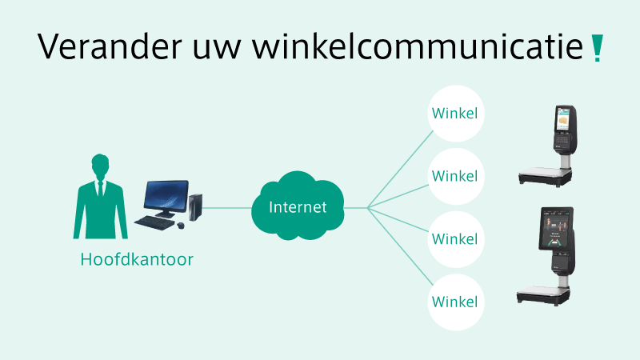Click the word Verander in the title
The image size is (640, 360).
(x=110, y=46)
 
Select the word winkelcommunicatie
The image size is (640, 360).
(x=418, y=46)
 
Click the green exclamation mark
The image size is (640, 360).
(x=597, y=48)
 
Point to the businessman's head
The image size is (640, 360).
(x=100, y=165)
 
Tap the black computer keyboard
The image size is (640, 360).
(x=154, y=222)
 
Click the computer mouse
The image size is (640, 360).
(x=181, y=226)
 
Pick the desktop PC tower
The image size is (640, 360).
(x=195, y=207)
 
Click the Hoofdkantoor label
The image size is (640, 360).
(x=137, y=259)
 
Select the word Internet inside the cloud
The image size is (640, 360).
(x=298, y=207)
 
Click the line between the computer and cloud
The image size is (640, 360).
(x=226, y=208)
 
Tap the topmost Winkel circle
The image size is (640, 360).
(x=455, y=114)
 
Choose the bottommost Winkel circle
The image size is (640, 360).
(x=455, y=302)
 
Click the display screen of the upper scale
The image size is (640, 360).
(x=563, y=119)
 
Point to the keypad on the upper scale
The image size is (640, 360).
(x=562, y=139)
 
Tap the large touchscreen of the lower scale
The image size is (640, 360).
(x=556, y=229)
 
